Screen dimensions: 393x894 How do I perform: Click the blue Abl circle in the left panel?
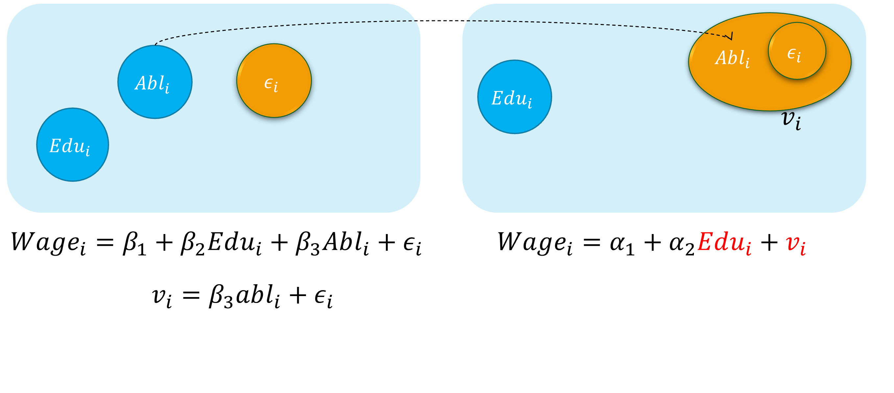(x=155, y=82)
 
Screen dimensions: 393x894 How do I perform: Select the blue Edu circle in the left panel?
(x=73, y=145)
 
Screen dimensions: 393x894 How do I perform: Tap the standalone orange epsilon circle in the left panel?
(x=274, y=81)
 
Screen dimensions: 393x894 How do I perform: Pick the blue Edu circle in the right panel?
(x=514, y=97)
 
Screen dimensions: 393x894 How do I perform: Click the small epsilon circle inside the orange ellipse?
(x=797, y=51)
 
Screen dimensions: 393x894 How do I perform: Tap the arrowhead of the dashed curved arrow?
(x=730, y=36)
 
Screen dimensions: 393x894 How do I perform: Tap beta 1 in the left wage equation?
(x=134, y=243)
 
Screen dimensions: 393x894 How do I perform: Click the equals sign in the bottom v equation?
(x=191, y=296)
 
